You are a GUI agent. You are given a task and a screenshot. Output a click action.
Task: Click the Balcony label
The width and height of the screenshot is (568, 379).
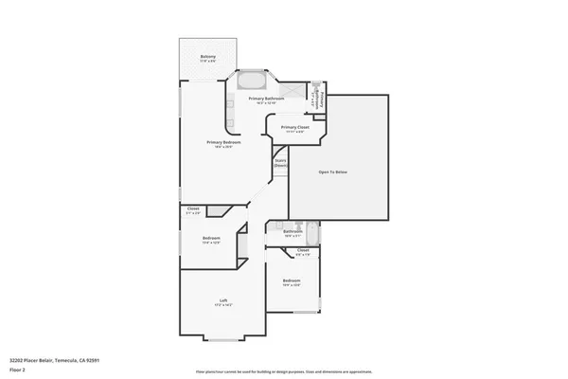click(x=207, y=57)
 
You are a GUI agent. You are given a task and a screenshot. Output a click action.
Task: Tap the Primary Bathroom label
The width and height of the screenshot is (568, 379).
click(x=266, y=99)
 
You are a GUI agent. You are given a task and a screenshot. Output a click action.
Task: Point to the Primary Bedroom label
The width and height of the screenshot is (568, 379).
click(x=223, y=142)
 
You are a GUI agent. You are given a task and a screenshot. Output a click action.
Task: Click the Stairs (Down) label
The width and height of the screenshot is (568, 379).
click(x=280, y=163)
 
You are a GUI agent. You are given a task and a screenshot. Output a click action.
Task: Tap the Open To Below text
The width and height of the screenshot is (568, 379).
click(x=336, y=172)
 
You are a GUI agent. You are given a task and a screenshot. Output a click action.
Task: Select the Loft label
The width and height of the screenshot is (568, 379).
click(x=223, y=300)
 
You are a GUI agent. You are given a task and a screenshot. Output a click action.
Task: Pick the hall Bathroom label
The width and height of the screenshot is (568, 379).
click(x=292, y=231)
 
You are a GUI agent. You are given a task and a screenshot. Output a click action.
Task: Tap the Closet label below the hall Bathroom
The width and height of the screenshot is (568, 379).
click(x=303, y=250)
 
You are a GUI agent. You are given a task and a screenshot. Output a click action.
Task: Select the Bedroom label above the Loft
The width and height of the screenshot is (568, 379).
click(x=211, y=238)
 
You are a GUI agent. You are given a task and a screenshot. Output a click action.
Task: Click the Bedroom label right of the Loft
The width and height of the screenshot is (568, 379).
click(x=291, y=280)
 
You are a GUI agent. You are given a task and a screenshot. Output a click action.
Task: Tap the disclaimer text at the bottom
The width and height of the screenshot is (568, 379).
click(x=283, y=372)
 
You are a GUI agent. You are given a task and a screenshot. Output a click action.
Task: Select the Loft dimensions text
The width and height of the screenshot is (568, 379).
click(x=223, y=306)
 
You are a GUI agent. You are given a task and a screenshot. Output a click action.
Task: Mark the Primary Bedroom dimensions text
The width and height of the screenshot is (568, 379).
click(x=223, y=147)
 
